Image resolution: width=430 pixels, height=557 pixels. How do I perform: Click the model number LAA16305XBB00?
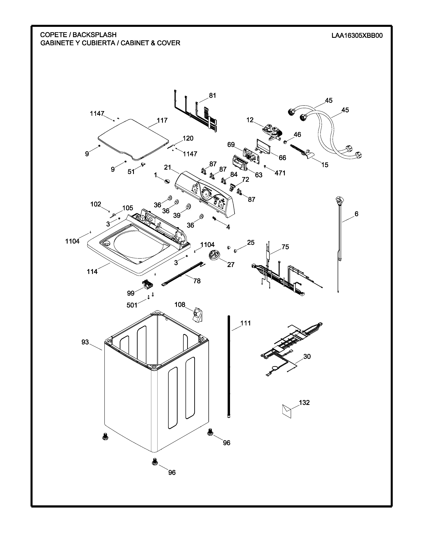357,35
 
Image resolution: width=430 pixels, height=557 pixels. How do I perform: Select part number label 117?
162,120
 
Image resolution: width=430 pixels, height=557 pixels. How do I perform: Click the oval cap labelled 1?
167,181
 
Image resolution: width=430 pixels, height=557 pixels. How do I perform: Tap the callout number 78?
197,281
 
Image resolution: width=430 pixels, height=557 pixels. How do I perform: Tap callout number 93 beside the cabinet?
85,342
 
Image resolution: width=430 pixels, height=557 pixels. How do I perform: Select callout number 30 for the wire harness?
307,356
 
